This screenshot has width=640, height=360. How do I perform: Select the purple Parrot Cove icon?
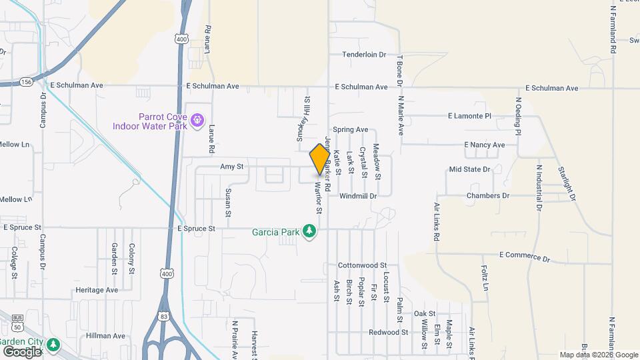(x=197, y=120)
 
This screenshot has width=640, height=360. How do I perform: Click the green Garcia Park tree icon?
(x=309, y=231)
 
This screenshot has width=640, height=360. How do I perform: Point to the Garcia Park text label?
(x=275, y=233)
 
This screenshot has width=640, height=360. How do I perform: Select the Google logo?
(x=22, y=351)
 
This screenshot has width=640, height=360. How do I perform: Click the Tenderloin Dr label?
(x=364, y=55)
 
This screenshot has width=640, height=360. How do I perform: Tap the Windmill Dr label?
(x=358, y=196)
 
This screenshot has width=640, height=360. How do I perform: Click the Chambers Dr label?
(x=488, y=195)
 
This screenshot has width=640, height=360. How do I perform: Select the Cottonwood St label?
(x=362, y=265)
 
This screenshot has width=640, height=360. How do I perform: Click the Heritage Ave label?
(x=97, y=290)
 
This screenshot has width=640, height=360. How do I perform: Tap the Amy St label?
(x=232, y=167)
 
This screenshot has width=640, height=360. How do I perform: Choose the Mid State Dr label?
(x=469, y=169)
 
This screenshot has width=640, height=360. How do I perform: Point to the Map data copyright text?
(x=598, y=355)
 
